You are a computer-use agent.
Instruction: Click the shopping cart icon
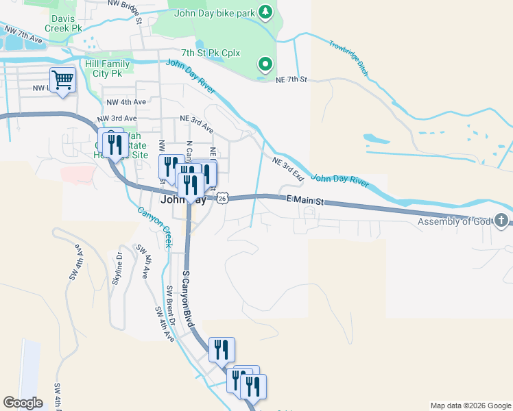[62, 80]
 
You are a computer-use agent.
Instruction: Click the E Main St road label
[304, 202]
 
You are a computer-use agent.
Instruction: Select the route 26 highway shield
[222, 198]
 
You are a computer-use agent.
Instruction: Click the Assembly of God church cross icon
[502, 221]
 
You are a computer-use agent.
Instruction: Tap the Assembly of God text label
[455, 221]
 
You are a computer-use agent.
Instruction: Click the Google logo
[23, 403]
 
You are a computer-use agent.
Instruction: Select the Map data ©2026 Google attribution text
[470, 406]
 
